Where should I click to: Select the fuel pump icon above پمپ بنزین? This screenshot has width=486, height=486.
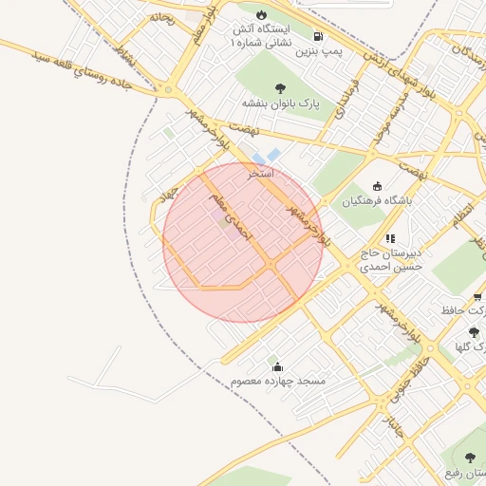[x=317, y=37]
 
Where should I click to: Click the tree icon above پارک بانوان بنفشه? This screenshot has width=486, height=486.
[x=281, y=88]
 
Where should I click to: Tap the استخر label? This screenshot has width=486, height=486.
[x=261, y=174]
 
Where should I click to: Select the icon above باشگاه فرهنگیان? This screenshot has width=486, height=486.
[x=379, y=186]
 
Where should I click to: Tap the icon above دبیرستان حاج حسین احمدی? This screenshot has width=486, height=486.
[x=389, y=238]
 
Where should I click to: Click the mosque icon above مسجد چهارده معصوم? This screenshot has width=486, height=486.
[x=277, y=366]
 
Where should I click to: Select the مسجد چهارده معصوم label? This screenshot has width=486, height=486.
[x=277, y=381]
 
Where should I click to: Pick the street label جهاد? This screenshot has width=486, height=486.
[x=169, y=194]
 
